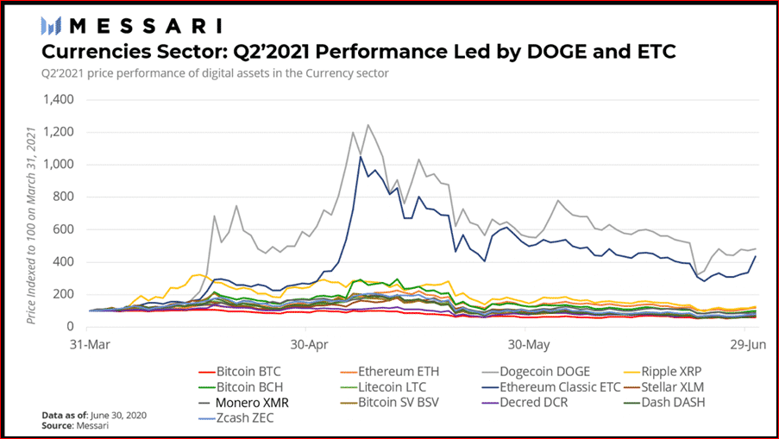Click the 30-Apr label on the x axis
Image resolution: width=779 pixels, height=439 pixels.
[307, 342]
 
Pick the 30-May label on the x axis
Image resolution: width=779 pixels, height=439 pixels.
[526, 342]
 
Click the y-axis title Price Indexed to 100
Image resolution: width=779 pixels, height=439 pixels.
[32, 226]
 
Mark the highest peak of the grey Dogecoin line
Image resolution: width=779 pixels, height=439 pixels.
[368, 125]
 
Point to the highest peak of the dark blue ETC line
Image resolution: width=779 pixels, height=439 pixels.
[360, 157]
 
